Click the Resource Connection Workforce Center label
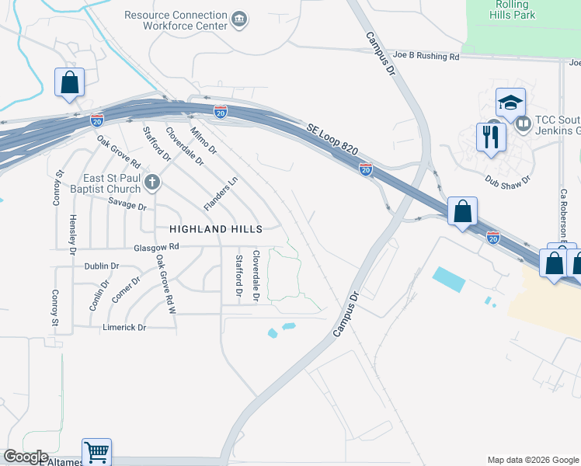click(x=176, y=20)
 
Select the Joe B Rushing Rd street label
click(x=426, y=56)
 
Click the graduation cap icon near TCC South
click(x=511, y=103)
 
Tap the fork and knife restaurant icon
click(x=491, y=137)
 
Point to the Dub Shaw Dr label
click(x=507, y=179)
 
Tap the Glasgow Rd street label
click(x=156, y=247)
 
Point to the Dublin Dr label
click(x=101, y=266)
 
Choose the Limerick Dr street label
click(x=124, y=328)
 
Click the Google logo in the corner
click(x=25, y=457)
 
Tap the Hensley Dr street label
click(x=73, y=235)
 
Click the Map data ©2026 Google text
click(x=532, y=460)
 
